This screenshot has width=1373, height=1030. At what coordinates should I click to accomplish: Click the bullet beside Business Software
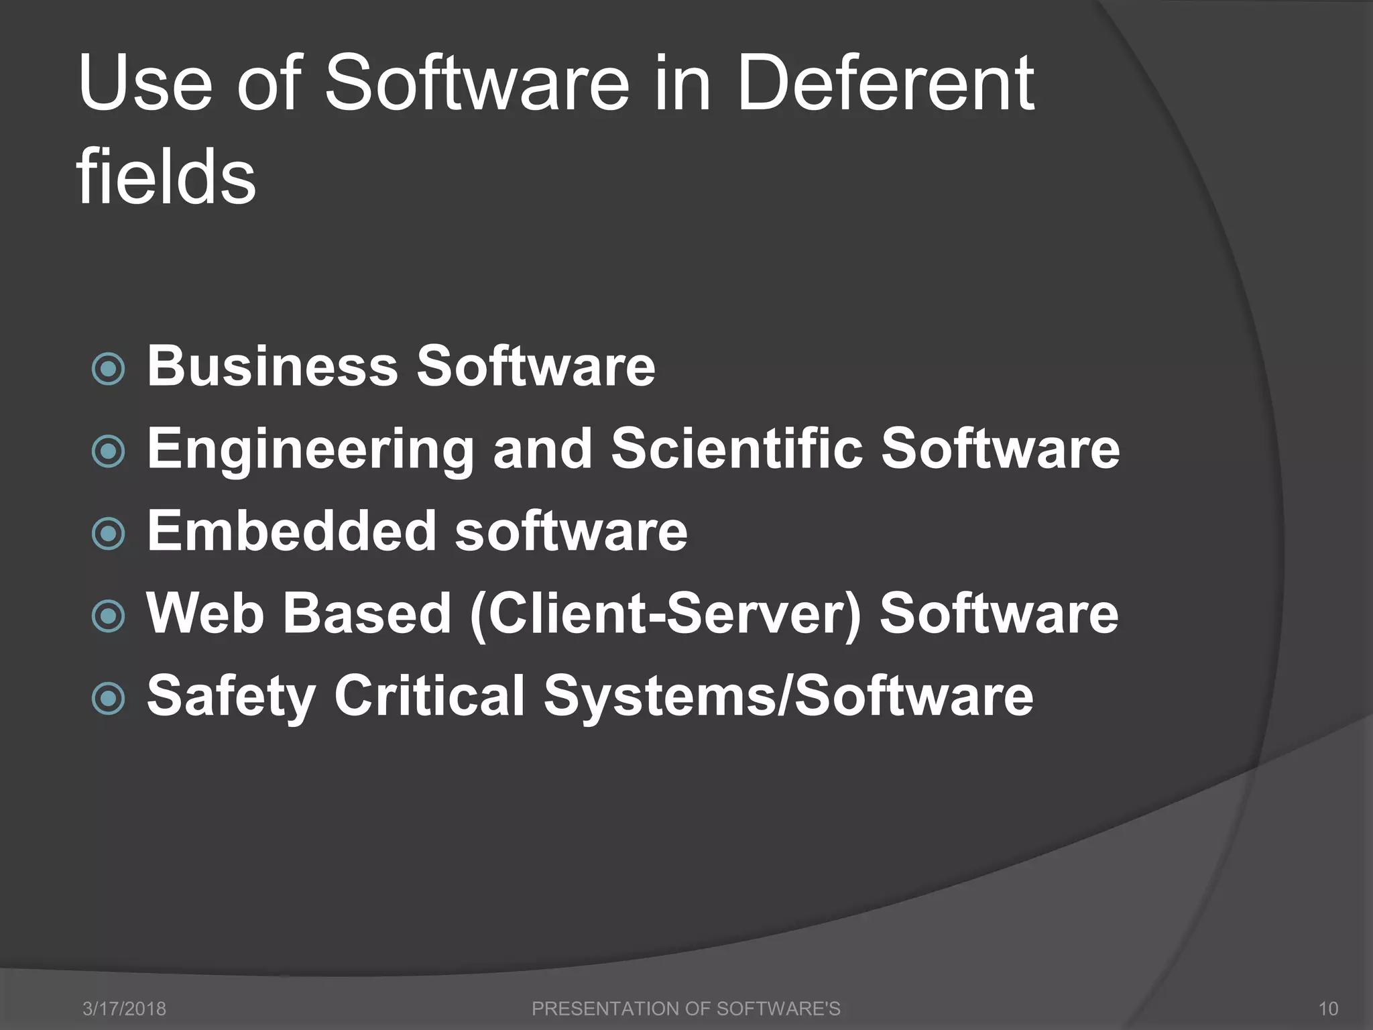(108, 369)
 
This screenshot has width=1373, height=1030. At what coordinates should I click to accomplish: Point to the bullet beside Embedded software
(108, 534)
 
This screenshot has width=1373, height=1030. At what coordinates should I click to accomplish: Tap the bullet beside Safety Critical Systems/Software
(108, 699)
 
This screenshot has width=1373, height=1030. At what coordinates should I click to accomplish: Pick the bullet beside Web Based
(108, 616)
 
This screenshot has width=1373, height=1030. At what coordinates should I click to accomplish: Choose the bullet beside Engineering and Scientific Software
(108, 451)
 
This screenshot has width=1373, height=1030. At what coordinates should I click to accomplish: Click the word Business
(272, 366)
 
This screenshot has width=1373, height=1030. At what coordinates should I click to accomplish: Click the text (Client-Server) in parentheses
(664, 614)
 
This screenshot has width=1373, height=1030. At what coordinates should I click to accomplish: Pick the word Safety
(231, 697)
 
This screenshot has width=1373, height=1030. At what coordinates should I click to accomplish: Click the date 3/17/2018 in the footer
(124, 1009)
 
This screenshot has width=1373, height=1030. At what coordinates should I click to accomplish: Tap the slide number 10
(1327, 1009)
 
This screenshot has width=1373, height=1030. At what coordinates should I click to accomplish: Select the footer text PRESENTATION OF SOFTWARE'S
(686, 1009)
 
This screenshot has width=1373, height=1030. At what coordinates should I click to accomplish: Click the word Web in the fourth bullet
(205, 614)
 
